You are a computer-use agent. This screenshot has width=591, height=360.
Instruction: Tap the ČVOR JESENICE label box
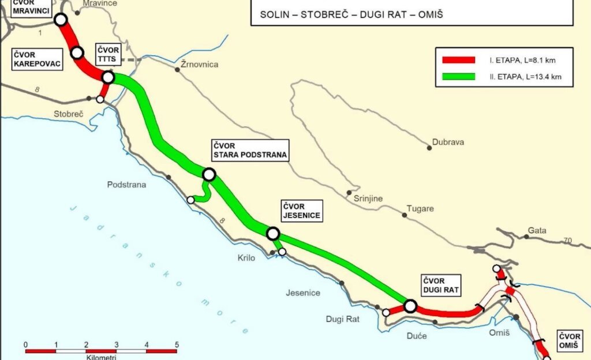click(301, 211)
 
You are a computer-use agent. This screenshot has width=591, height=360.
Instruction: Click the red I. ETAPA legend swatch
click(458, 60)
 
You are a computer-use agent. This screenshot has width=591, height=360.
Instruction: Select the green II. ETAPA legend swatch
click(458, 76)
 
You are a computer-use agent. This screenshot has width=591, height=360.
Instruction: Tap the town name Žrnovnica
click(200, 65)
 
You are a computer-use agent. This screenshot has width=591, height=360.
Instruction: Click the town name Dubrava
click(448, 142)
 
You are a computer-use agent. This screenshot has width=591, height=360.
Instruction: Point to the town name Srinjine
click(368, 198)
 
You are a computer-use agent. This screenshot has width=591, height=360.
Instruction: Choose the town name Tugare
click(420, 209)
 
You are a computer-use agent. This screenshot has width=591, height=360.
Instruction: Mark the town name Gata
click(537, 231)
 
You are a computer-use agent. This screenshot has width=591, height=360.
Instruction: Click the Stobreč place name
click(69, 114)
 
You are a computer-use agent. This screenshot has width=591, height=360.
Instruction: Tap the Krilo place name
click(246, 258)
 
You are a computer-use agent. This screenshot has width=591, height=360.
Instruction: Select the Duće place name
click(417, 335)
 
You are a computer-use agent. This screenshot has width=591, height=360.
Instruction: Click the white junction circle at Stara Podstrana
click(209, 174)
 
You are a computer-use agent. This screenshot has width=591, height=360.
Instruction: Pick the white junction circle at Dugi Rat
click(410, 306)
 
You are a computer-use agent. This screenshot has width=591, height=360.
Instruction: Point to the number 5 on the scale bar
click(176, 345)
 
